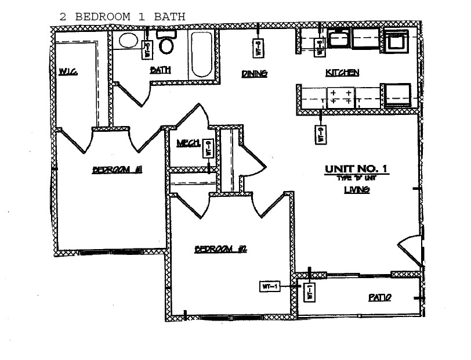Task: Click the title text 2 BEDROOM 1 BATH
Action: coord(122,16)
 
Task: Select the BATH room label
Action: coord(160,70)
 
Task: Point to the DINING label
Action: coord(254,73)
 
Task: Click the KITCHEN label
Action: coord(342,73)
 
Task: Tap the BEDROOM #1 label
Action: coord(118,170)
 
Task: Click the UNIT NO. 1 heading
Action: coord(356,169)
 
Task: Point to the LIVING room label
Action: coord(357,190)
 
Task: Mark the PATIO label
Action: coord(380,297)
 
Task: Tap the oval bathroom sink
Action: coord(128,41)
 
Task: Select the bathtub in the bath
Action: coord(202,55)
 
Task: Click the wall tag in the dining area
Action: coord(259,48)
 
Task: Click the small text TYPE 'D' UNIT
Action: coord(356,178)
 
